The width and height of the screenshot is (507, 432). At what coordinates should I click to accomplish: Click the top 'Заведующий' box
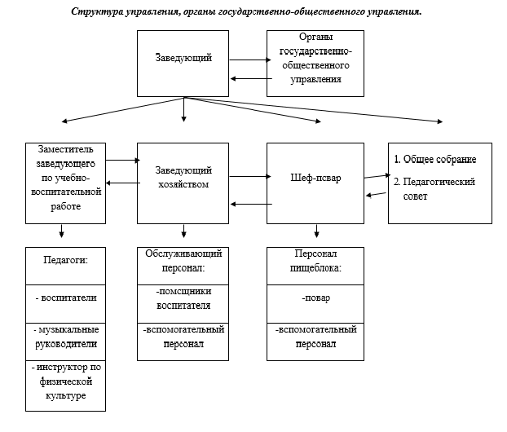pyautogui.click(x=183, y=60)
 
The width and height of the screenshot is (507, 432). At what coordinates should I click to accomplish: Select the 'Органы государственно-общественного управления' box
pyautogui.click(x=314, y=60)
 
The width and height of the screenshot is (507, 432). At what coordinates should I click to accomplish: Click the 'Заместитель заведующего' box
pyautogui.click(x=66, y=183)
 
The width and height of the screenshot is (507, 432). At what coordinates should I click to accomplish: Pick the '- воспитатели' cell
pyautogui.click(x=66, y=298)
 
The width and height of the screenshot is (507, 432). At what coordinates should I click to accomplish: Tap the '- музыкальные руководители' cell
pyautogui.click(x=66, y=336)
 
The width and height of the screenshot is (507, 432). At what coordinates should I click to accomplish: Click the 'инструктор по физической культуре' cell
pyautogui.click(x=66, y=381)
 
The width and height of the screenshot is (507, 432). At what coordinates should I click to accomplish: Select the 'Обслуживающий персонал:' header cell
pyautogui.click(x=183, y=260)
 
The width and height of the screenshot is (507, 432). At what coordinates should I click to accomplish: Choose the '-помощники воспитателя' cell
pyautogui.click(x=183, y=299)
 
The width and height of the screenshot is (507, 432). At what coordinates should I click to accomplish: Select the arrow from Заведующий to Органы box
pyautogui.click(x=249, y=60)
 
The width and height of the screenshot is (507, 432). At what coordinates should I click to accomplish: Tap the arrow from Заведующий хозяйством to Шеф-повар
pyautogui.click(x=249, y=176)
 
